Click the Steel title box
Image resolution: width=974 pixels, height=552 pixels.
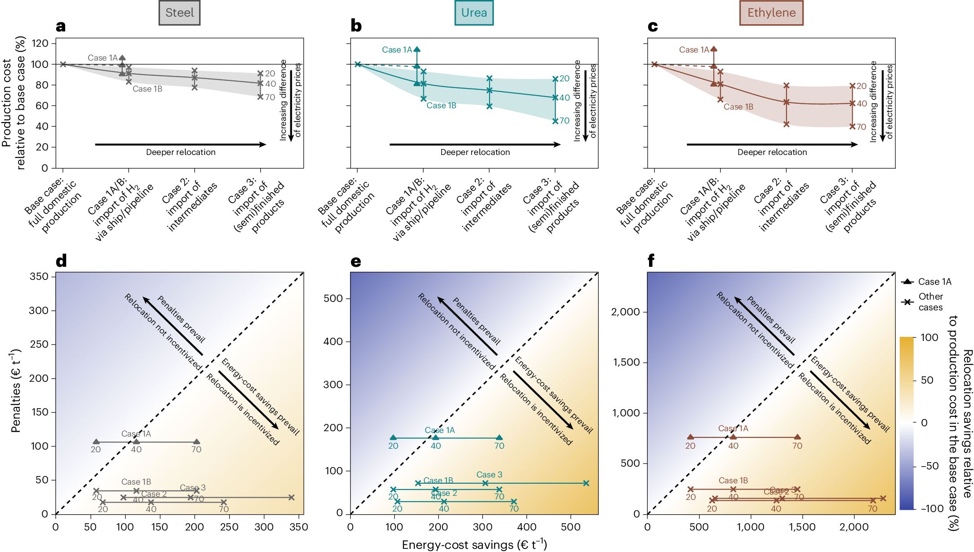pos(179,13)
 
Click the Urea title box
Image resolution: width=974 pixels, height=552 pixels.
pos(474,13)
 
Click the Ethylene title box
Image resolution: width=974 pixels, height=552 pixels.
pos(771,13)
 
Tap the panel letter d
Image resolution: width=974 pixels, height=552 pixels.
pos(61,261)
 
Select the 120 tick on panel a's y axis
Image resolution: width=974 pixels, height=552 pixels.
pos(40,44)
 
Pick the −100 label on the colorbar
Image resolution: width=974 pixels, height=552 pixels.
pos(932,508)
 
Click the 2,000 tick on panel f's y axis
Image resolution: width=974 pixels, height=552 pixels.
pos(626,312)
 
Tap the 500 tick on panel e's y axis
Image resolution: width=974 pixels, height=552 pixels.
pos(333,298)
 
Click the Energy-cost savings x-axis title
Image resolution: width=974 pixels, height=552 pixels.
pos(474,544)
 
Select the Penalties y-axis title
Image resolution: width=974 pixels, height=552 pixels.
pos(16,391)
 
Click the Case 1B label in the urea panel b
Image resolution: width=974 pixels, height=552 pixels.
pos(441,106)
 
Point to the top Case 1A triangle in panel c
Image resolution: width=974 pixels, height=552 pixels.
pos(714,49)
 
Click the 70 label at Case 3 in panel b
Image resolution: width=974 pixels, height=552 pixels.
pos(565,121)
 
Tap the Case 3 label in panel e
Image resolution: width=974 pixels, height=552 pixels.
pos(489,475)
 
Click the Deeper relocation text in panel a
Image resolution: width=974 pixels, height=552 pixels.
pos(181,152)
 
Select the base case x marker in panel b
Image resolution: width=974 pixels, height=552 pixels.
pos(358,64)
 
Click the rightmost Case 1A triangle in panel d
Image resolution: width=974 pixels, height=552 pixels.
pos(196,442)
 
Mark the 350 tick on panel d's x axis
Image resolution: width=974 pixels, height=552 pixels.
pos(299,527)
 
